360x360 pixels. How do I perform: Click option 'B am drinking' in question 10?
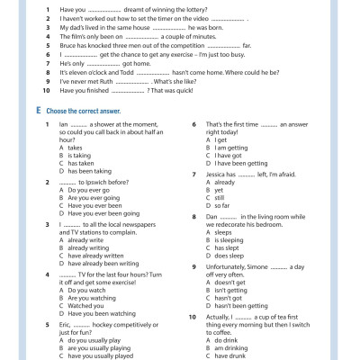[226, 350]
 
